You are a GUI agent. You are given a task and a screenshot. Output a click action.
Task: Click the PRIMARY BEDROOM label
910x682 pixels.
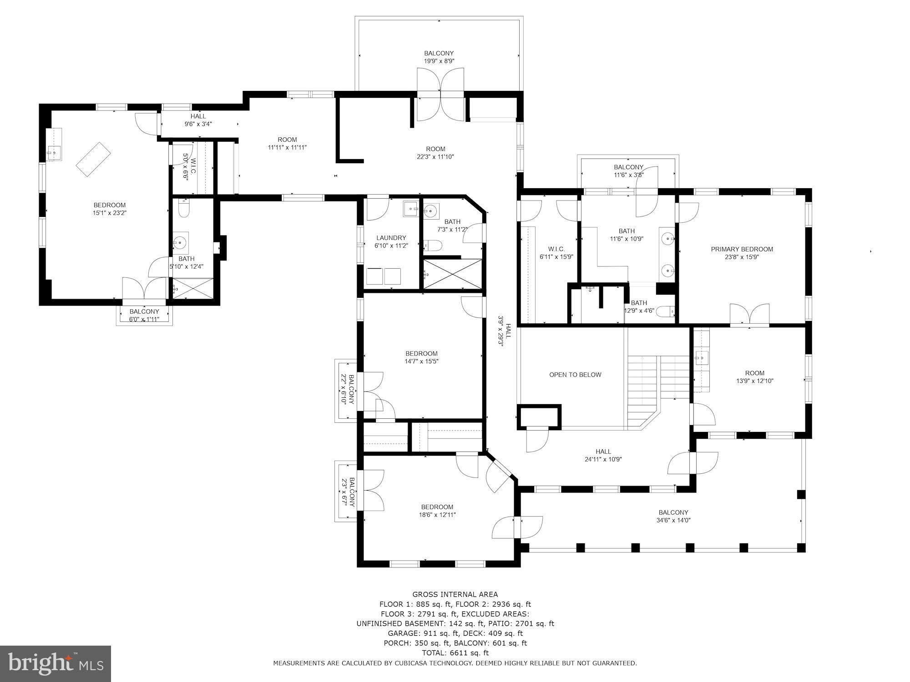click(x=742, y=249)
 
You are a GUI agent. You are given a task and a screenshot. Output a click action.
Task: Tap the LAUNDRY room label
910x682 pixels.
click(x=391, y=238)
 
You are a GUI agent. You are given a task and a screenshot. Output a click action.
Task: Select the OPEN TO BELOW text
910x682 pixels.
click(x=575, y=375)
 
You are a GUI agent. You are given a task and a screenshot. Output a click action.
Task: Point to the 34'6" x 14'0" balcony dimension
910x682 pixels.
click(x=673, y=521)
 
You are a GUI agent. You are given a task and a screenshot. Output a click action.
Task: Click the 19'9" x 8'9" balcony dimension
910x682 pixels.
click(x=439, y=61)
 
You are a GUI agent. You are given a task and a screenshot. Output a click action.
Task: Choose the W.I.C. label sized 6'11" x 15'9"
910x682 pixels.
click(x=556, y=249)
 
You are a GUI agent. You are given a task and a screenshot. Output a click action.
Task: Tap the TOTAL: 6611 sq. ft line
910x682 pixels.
click(x=455, y=653)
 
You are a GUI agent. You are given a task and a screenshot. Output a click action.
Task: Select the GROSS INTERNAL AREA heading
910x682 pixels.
click(x=455, y=594)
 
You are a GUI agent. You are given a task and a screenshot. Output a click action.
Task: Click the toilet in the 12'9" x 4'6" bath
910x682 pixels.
click(x=667, y=312)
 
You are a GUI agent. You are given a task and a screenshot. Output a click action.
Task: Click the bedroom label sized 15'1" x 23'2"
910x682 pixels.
click(x=109, y=205)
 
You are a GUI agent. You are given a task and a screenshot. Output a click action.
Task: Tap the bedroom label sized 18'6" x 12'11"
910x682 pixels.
click(x=437, y=507)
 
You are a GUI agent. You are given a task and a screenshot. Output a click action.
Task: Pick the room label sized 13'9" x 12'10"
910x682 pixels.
click(x=754, y=373)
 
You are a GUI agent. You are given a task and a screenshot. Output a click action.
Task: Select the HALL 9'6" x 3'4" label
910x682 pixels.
click(x=198, y=116)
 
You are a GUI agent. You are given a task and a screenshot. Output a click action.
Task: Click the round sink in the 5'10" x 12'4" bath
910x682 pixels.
click(x=181, y=242)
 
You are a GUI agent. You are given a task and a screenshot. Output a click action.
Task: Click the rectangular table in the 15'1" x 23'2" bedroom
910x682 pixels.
click(x=93, y=159)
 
